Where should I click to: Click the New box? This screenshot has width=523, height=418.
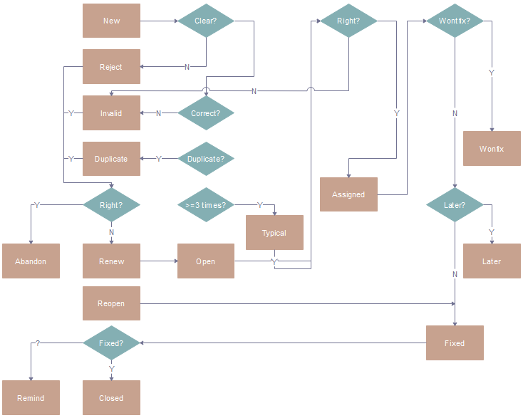click(x=111, y=21)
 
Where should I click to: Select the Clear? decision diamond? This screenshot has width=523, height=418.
click(x=206, y=21)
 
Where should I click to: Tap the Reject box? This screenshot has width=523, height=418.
click(x=111, y=67)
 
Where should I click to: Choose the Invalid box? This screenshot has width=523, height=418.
click(x=111, y=113)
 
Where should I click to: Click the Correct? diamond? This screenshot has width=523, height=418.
click(x=206, y=113)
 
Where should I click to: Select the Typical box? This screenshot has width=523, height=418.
click(x=274, y=233)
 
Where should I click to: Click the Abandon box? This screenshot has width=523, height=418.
click(x=31, y=261)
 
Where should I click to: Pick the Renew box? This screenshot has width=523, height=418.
click(x=111, y=261)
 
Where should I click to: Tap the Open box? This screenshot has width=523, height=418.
click(x=206, y=261)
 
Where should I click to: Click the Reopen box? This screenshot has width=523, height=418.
click(x=111, y=303)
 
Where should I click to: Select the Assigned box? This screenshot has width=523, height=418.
click(x=348, y=194)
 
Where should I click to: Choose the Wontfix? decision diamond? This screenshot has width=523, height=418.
click(x=455, y=21)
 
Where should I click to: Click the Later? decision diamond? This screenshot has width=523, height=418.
click(x=455, y=205)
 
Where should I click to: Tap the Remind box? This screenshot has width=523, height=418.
click(x=31, y=398)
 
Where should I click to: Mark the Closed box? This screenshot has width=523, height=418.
click(x=111, y=398)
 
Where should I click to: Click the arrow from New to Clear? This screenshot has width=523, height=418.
click(x=158, y=21)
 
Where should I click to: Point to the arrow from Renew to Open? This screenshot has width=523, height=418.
click(x=158, y=261)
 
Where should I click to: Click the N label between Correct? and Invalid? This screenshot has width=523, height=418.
click(x=158, y=113)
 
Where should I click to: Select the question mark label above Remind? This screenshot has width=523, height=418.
click(x=37, y=343)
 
